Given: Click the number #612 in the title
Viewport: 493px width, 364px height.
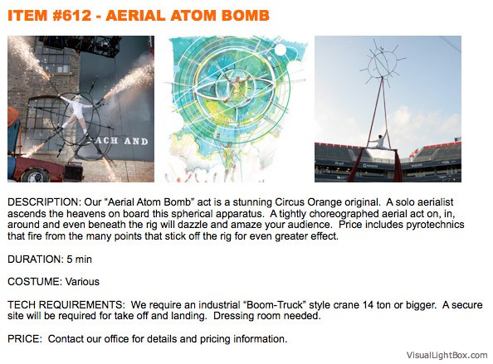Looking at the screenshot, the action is click(72, 16).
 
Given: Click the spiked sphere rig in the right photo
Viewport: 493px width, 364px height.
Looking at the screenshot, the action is click(383, 62).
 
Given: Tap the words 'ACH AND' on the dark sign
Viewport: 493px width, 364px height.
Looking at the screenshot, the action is click(120, 140).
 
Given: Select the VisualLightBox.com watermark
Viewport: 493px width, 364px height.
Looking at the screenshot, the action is click(447, 355).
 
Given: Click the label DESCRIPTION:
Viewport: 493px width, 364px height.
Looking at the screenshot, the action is click(44, 202).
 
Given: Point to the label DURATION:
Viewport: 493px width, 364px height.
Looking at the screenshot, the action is click(36, 260).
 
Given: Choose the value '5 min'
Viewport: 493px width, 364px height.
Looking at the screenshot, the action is click(79, 260).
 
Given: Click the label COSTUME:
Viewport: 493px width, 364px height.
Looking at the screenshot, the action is click(35, 282).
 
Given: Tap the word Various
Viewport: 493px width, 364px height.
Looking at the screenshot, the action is click(82, 282).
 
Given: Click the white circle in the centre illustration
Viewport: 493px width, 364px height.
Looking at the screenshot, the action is click(281, 50).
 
